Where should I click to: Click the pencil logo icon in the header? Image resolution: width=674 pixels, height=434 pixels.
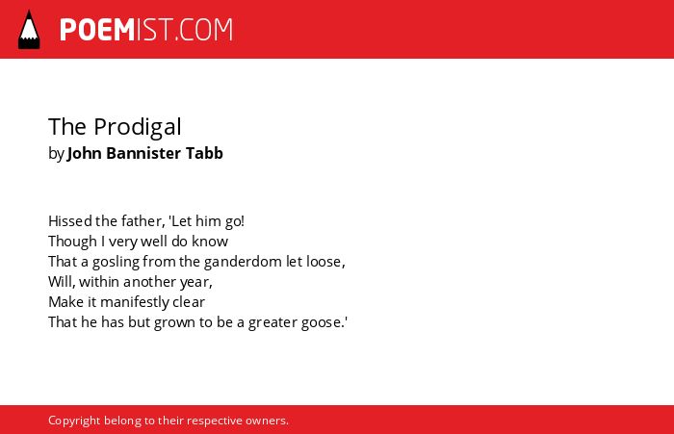coord(29,30)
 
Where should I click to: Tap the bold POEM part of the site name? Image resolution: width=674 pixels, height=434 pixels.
coord(97,30)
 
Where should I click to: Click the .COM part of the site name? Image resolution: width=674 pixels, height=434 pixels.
coord(203,30)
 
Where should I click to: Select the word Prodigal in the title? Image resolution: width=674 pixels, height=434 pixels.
coord(138,127)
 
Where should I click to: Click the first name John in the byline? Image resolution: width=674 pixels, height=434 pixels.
coord(85,153)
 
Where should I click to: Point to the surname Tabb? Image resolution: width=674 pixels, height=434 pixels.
coord(204,153)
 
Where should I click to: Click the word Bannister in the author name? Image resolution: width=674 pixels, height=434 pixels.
coord(143,153)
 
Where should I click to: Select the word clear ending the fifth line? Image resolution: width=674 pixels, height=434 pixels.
coord(189,301)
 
